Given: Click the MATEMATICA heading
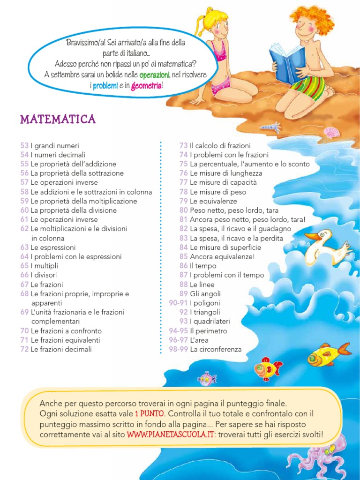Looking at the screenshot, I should click(x=58, y=120).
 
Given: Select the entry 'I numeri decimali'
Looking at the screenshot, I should click(x=58, y=155).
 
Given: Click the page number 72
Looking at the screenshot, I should click(x=24, y=349).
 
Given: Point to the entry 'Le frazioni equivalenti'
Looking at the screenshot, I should click(x=65, y=340).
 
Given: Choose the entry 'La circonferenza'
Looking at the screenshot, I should click(x=216, y=349).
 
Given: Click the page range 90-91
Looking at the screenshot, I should click(x=178, y=303).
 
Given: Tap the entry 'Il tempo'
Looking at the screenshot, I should click(x=203, y=266).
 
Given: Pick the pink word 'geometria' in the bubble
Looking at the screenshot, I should click(x=147, y=86).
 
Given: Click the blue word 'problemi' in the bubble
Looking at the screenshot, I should click(x=105, y=86).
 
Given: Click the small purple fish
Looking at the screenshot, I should click(x=206, y=378).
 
